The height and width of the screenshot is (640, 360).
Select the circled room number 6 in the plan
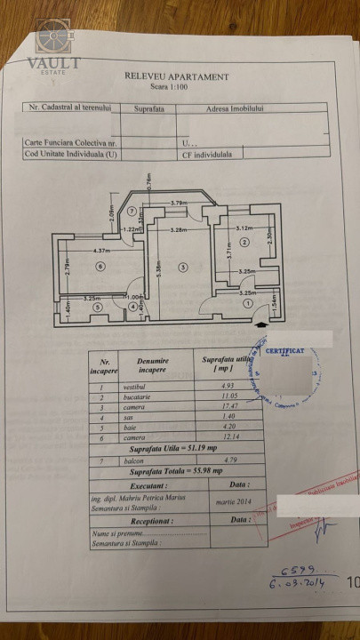point(100,266)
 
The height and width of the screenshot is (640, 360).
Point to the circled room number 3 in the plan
point(182,266)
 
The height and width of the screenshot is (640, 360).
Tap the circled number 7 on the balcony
point(132,212)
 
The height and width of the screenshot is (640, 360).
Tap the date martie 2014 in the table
point(228,504)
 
